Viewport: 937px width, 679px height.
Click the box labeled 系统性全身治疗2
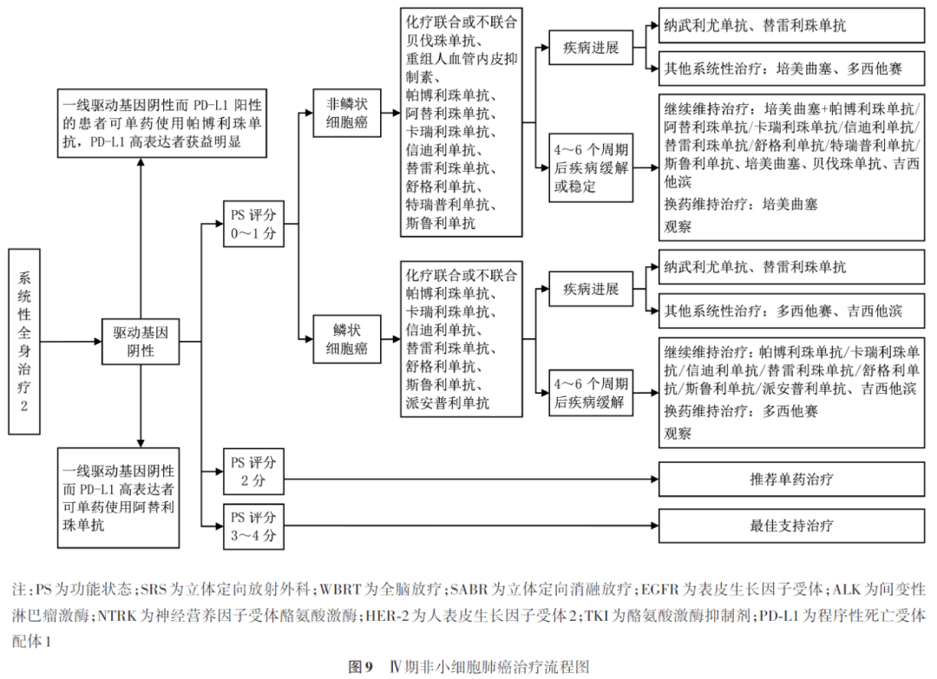pyautogui.click(x=24, y=341)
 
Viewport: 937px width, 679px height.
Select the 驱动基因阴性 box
pyautogui.click(x=140, y=341)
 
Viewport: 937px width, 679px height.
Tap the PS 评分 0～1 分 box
pyautogui.click(x=253, y=225)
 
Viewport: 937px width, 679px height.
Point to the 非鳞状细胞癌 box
pyautogui.click(x=346, y=112)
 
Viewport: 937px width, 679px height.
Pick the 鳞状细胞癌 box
pyautogui.click(x=346, y=339)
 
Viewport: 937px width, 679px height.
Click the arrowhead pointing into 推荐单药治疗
pyautogui.click(x=653, y=479)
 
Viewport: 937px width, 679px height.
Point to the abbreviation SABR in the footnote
pyautogui.click(x=469, y=590)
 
